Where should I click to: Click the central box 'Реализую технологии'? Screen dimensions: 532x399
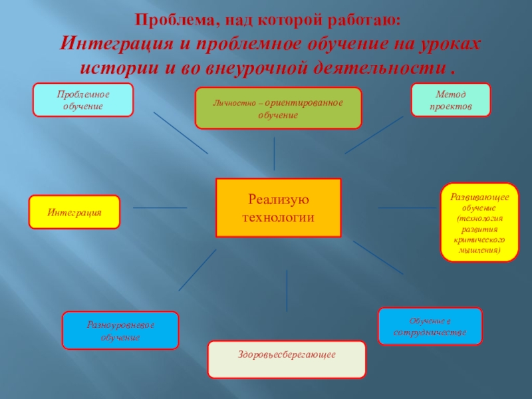point(278,207)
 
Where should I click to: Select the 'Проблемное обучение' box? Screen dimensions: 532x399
point(84,100)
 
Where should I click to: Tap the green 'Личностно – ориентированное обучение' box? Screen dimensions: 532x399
point(278,108)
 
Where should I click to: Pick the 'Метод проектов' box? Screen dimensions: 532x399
point(451,100)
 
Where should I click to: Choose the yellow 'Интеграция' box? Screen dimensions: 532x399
point(74,213)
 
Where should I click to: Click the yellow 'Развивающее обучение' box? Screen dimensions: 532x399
point(479,222)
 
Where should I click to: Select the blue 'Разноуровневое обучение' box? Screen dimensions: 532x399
point(120,331)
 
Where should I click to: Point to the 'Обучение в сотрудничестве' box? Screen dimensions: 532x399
point(430,326)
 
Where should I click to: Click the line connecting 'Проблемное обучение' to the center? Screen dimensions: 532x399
point(180,132)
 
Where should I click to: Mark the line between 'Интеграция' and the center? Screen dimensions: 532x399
point(160,207)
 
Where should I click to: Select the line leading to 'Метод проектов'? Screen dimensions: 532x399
point(374,135)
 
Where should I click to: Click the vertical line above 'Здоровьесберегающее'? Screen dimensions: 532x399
point(287,290)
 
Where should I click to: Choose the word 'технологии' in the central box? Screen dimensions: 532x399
point(278,217)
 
